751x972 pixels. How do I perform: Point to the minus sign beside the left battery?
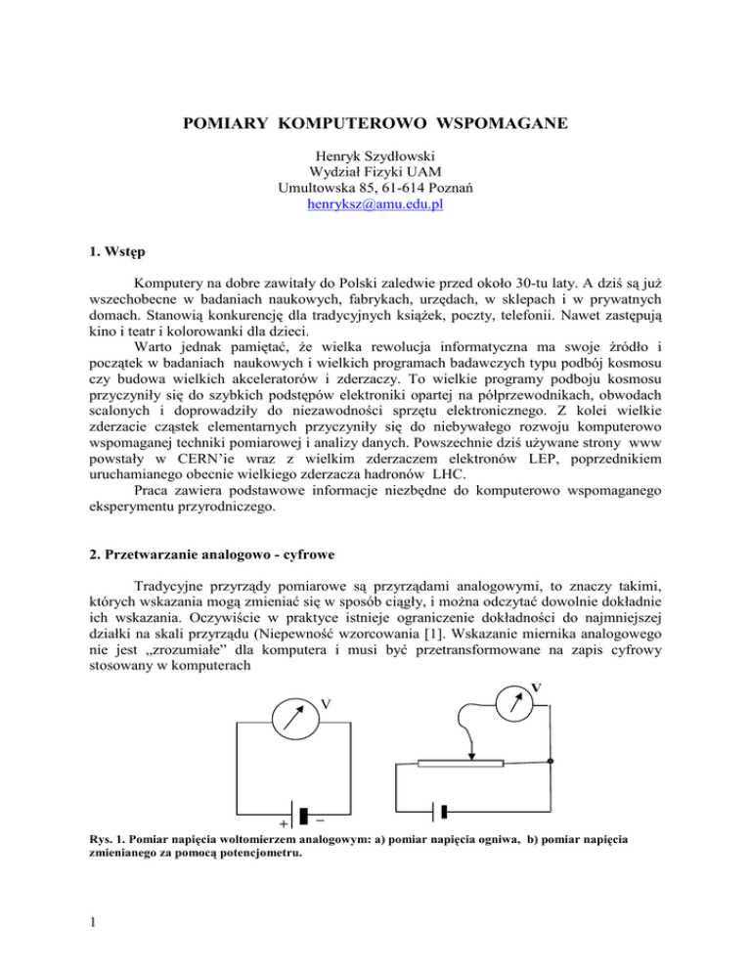point(322,821)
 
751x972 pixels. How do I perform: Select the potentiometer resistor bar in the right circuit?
point(460,763)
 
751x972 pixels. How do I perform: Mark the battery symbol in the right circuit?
point(442,812)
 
